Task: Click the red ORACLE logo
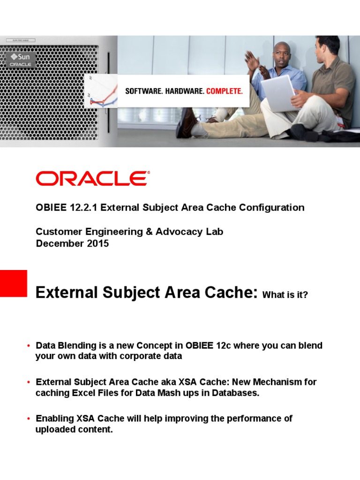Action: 93,179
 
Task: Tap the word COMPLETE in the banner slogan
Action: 225,91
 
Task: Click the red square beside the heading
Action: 13,283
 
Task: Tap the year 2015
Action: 96,243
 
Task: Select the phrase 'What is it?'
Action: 285,295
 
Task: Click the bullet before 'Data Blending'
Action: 29,346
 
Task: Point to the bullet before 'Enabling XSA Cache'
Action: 29,419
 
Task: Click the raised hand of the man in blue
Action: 252,59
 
